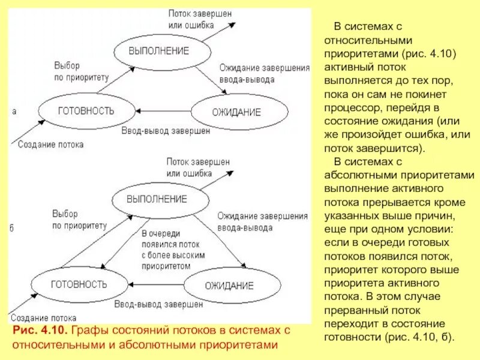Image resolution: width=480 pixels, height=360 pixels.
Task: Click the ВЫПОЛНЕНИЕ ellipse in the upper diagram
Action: point(158,51)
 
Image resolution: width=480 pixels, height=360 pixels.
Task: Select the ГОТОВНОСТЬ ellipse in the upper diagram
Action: point(86,111)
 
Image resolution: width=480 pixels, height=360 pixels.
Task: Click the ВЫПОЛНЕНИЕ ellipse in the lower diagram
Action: point(157,199)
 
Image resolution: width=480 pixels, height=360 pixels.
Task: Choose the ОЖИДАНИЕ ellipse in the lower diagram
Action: point(230,284)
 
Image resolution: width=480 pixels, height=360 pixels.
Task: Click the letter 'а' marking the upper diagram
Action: point(14,111)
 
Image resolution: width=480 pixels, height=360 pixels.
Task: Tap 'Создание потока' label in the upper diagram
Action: point(50,145)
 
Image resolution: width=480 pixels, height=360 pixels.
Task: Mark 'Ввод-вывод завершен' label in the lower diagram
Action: point(158,304)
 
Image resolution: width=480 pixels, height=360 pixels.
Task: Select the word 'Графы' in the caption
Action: point(91,331)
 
